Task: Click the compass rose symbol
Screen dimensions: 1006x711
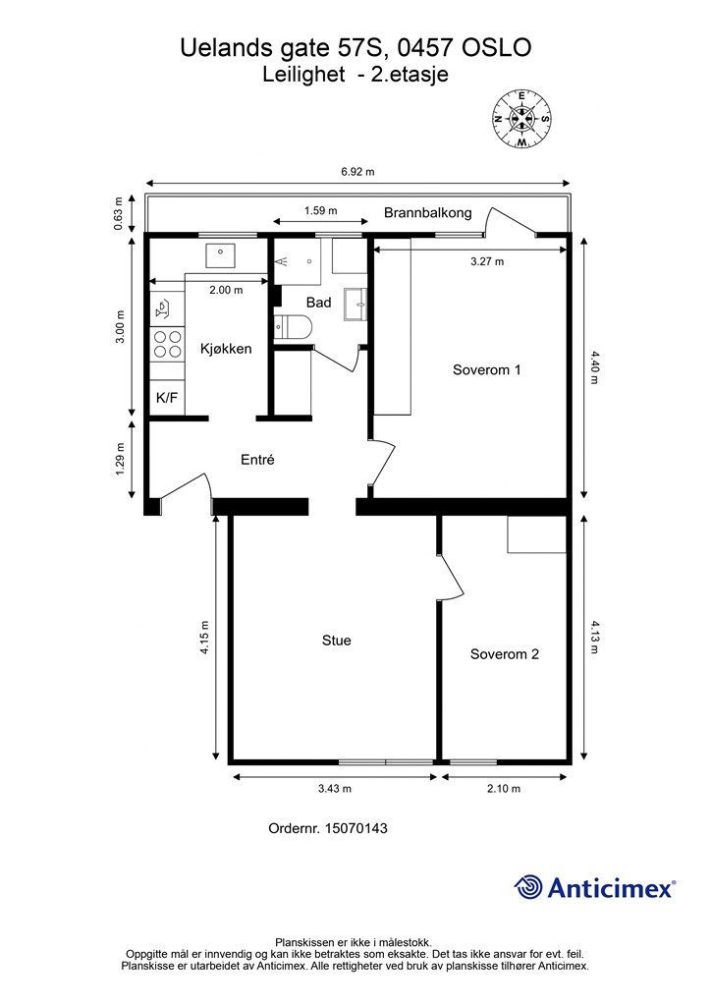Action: click(522, 119)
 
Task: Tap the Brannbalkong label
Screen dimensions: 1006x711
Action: click(427, 212)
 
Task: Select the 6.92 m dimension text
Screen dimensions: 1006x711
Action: click(358, 171)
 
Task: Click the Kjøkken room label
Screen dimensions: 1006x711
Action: click(226, 349)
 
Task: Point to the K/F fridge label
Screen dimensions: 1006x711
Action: click(167, 398)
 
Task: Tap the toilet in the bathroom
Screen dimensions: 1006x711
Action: click(293, 327)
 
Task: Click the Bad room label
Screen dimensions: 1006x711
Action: click(318, 303)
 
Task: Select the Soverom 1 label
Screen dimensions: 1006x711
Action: click(486, 370)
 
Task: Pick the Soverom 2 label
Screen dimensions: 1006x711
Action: click(504, 654)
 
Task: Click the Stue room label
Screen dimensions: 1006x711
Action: click(337, 641)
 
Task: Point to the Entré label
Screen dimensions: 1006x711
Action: click(257, 459)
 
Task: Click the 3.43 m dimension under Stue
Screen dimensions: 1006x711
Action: click(335, 789)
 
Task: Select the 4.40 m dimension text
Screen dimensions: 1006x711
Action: click(593, 368)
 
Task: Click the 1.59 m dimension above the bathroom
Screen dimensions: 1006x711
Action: click(320, 210)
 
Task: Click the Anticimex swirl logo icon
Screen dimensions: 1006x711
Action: click(529, 887)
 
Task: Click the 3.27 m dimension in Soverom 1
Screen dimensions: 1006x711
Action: click(487, 261)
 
